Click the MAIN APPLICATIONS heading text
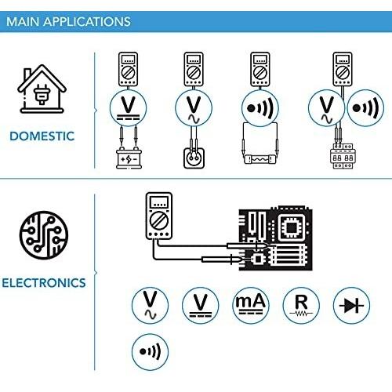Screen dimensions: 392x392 (68, 21)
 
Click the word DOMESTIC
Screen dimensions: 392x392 (42, 136)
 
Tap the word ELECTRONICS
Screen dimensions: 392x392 (44, 283)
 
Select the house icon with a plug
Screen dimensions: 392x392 (42, 89)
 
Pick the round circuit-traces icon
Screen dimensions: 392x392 (44, 235)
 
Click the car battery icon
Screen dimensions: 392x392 (129, 158)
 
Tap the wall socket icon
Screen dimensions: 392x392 (194, 158)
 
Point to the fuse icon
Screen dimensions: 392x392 (260, 159)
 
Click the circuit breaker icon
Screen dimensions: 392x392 (343, 156)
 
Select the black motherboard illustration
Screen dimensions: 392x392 (275, 238)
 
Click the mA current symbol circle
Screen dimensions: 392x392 (251, 305)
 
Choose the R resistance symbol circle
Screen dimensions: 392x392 (301, 305)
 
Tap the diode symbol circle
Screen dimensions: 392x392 (351, 305)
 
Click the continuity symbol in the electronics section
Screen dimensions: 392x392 (150, 352)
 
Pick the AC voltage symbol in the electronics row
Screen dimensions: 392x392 (150, 305)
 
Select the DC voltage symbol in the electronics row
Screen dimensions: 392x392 (201, 305)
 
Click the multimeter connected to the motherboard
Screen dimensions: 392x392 (159, 216)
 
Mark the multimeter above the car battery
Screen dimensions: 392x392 (128, 69)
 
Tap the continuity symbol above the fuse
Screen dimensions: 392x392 (260, 108)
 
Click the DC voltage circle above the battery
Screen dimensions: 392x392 (128, 108)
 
